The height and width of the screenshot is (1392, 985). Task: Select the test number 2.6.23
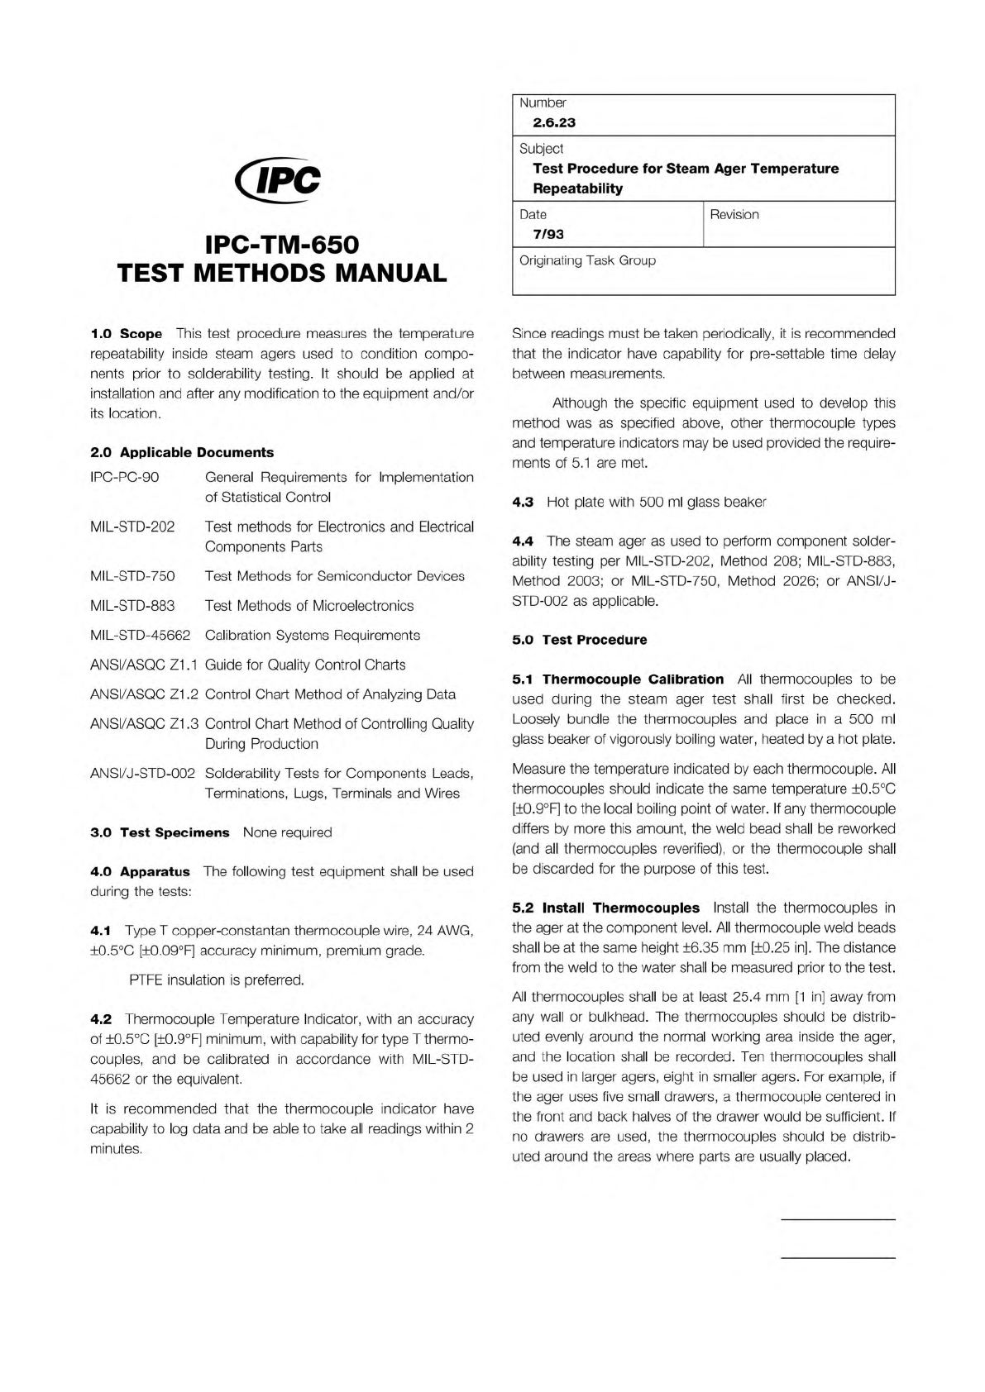click(x=553, y=122)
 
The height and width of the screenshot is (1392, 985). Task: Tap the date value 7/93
click(x=548, y=234)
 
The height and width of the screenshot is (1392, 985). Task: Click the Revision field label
click(x=734, y=214)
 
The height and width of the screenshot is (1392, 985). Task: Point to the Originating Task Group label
click(x=587, y=260)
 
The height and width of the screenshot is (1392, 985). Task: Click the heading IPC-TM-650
click(x=282, y=245)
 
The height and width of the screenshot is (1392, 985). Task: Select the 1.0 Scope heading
click(x=126, y=334)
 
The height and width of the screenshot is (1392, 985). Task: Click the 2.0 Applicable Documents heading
click(x=181, y=452)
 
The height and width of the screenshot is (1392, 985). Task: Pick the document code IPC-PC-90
click(x=124, y=477)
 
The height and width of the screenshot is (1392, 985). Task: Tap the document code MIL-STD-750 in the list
click(x=132, y=576)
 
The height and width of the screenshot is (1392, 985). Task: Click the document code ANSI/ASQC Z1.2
click(x=144, y=694)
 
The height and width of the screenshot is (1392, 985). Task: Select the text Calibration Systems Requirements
click(x=312, y=635)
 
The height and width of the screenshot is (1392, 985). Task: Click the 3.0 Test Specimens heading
click(x=159, y=832)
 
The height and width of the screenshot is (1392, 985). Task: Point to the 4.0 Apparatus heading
click(x=139, y=871)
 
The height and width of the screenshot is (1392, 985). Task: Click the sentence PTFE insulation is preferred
click(x=217, y=980)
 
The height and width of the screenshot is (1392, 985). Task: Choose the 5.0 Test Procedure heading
click(x=579, y=640)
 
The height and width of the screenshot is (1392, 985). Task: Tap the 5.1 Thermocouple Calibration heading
click(x=617, y=679)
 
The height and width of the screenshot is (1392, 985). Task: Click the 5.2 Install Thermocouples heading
click(x=605, y=908)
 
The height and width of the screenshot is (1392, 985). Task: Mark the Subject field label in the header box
click(x=541, y=149)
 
